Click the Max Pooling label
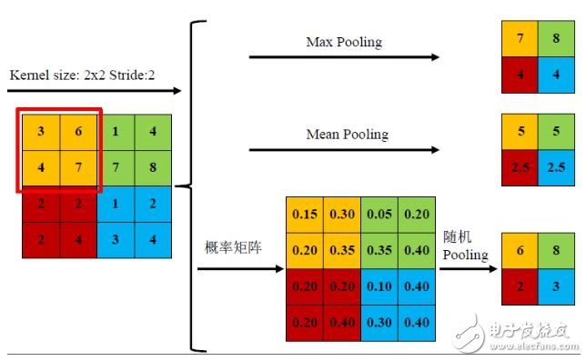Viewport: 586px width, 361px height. click(344, 42)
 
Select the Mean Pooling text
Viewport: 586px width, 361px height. click(347, 135)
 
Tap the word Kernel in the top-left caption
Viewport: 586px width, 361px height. click(28, 74)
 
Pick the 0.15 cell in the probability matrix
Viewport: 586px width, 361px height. click(304, 214)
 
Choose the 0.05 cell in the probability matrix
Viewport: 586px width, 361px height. click(379, 214)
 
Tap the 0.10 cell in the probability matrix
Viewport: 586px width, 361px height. click(379, 285)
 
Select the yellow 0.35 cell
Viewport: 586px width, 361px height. click(341, 249)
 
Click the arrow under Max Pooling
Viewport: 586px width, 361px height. click(343, 57)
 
